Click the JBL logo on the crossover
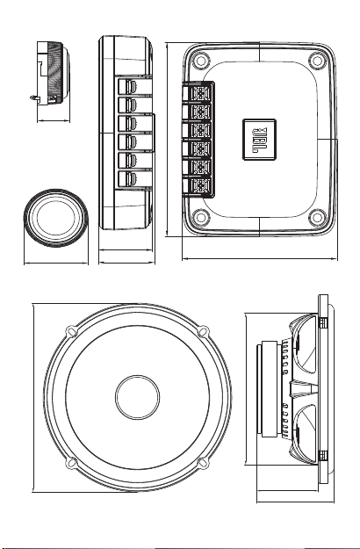pyautogui.click(x=259, y=140)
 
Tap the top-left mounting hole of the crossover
pyautogui.click(x=201, y=61)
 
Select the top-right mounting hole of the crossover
pyautogui.click(x=317, y=61)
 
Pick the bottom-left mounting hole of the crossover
pyautogui.click(x=201, y=217)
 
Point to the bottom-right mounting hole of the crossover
pyautogui.click(x=317, y=217)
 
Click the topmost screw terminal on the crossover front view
pyautogui.click(x=201, y=93)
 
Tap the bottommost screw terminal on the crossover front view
pyautogui.click(x=201, y=185)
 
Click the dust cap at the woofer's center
pyautogui.click(x=137, y=397)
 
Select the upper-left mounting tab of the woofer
pyautogui.click(x=71, y=330)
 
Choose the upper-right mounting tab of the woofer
pyautogui.click(x=203, y=330)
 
